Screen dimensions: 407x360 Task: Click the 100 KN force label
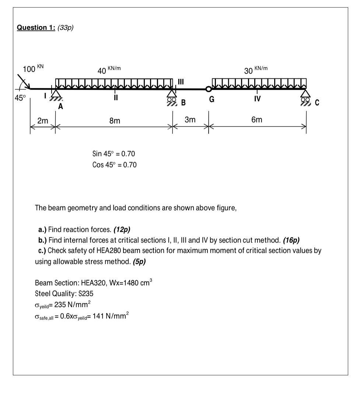tap(33, 69)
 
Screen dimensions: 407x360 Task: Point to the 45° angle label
tap(20, 98)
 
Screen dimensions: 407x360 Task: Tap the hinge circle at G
tap(209, 89)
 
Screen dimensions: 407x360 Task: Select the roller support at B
tap(172, 97)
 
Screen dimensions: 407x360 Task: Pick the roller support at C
tap(305, 97)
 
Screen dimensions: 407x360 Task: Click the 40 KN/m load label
tap(109, 70)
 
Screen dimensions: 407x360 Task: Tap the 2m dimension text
tap(43, 121)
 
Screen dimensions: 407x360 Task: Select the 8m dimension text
tap(115, 121)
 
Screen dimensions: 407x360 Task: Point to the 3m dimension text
tap(190, 120)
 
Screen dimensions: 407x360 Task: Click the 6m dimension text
tap(257, 120)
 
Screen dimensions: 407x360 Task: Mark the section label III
tap(181, 81)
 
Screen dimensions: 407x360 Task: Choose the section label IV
tap(257, 99)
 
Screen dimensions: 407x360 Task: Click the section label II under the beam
tap(116, 98)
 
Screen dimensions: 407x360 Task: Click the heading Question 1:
tap(36, 28)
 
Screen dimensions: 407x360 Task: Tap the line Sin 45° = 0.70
tap(114, 154)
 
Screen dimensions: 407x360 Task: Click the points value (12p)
tap(122, 230)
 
